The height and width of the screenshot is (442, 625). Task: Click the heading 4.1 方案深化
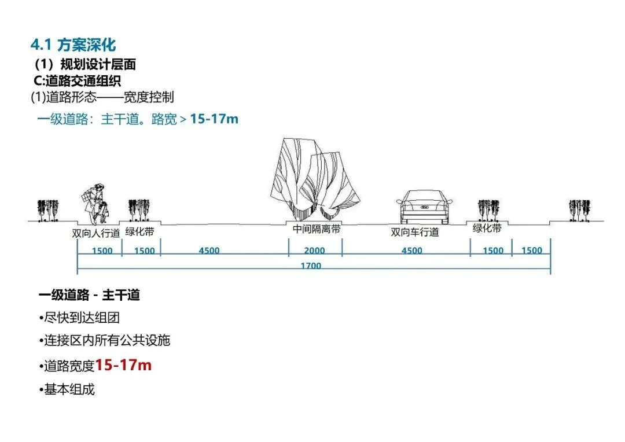(x=73, y=45)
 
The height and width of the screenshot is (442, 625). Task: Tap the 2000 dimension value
(x=314, y=251)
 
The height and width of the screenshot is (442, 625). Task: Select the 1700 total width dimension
(x=311, y=266)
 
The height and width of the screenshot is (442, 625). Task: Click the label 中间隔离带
(x=316, y=229)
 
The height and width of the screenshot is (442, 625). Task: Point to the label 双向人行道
(x=96, y=234)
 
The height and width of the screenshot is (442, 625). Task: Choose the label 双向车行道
(x=414, y=233)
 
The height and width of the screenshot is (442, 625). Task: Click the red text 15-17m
(x=123, y=365)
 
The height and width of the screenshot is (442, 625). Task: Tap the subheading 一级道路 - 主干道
(x=89, y=295)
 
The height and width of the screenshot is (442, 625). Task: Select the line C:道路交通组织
(x=78, y=81)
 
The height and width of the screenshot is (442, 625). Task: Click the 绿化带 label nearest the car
(x=487, y=229)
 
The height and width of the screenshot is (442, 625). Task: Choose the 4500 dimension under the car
(x=411, y=251)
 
